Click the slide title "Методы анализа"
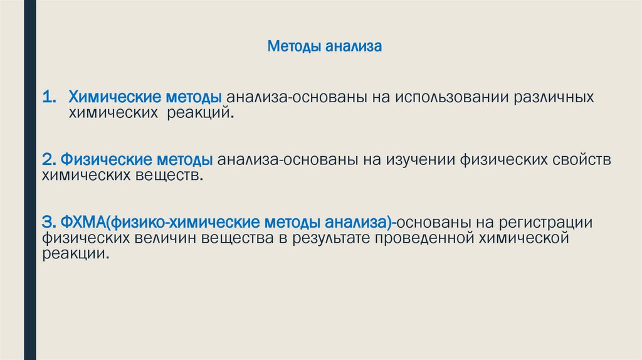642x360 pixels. tap(325, 46)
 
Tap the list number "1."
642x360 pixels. tap(50, 98)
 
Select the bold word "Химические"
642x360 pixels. tap(112, 98)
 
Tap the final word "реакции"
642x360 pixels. tap(78, 254)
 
